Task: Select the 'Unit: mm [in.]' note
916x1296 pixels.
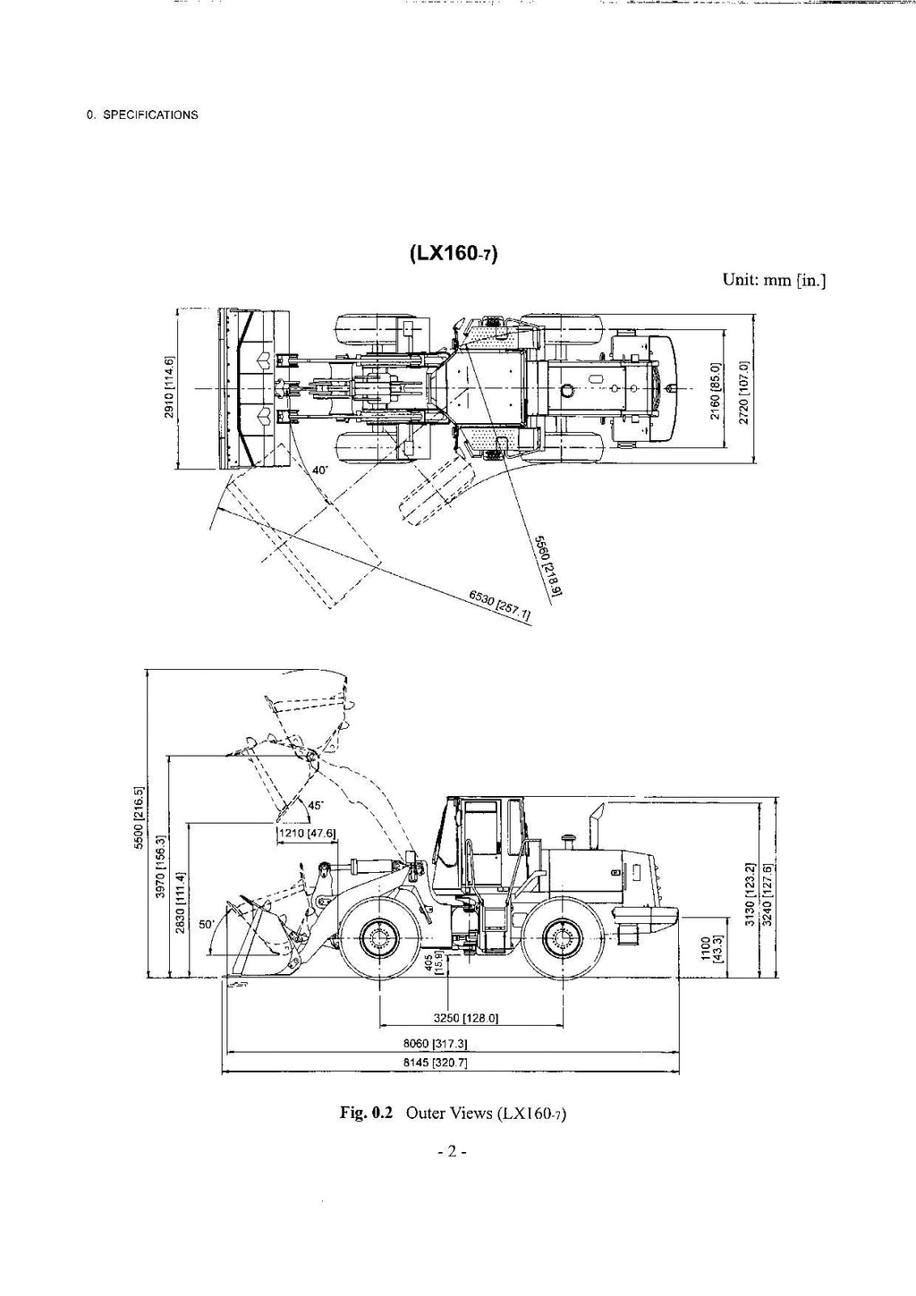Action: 774,281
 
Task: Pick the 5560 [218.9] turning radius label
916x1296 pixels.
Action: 547,565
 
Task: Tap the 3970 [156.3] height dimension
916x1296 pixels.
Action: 160,867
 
